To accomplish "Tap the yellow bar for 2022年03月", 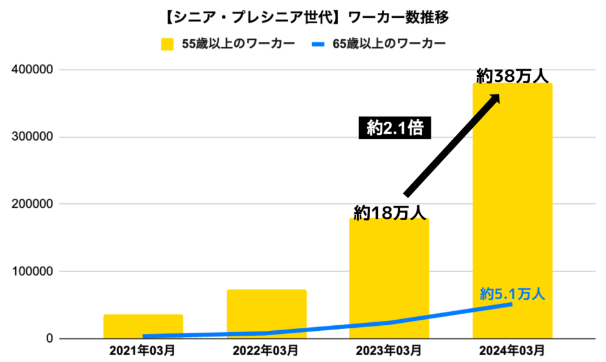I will tap(266, 314).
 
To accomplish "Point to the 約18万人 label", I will tap(389, 212).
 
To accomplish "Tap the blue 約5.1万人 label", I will tap(512, 294).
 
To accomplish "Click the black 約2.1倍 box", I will tap(395, 127).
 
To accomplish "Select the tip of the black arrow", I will tap(498, 95).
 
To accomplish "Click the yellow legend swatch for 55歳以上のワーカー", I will tap(169, 44).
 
